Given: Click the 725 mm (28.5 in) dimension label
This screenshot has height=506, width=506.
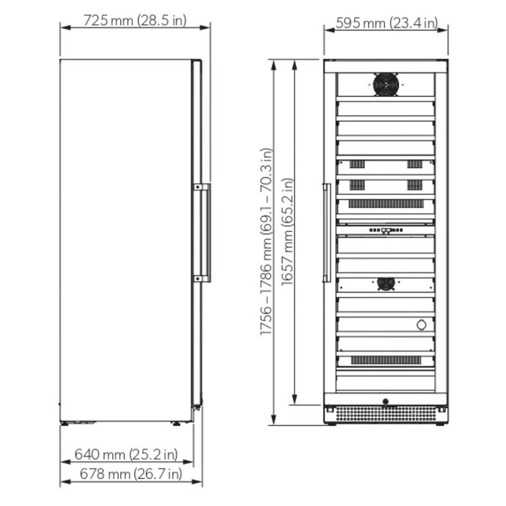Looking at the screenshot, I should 135,20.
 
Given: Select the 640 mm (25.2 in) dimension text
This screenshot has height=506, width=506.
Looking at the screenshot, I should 126,454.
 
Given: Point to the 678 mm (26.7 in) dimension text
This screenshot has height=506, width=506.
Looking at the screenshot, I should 131,473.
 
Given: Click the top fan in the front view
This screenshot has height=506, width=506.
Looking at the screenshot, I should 386,84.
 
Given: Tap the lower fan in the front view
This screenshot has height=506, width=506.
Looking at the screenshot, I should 386,283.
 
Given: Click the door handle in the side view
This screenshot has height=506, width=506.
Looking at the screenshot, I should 202,232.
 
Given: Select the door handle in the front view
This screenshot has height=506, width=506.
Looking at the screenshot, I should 326,233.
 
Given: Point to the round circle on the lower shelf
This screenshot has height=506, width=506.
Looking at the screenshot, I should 421,324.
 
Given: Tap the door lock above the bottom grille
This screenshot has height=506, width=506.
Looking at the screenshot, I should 386,400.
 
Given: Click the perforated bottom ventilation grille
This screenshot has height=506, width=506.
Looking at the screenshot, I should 386,414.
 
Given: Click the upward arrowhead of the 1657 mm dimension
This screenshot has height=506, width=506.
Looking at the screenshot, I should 295,63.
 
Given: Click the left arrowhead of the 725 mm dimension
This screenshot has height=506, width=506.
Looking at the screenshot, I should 63,27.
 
